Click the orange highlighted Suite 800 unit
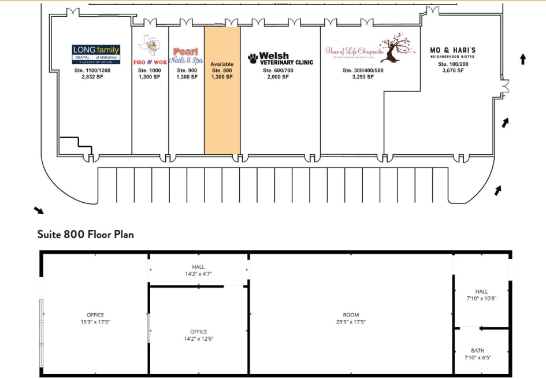(x=222, y=110)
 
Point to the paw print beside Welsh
(x=253, y=58)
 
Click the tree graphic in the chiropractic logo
(x=398, y=49)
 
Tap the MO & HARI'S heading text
(x=452, y=51)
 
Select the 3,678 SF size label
(x=452, y=70)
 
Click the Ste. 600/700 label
(x=278, y=70)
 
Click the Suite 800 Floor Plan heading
(x=86, y=235)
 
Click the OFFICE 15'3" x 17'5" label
(x=95, y=318)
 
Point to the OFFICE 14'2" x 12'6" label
(x=198, y=335)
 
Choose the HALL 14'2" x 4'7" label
(x=198, y=270)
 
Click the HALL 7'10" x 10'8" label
(x=481, y=295)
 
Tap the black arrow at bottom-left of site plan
(x=38, y=210)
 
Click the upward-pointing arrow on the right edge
(x=523, y=58)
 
